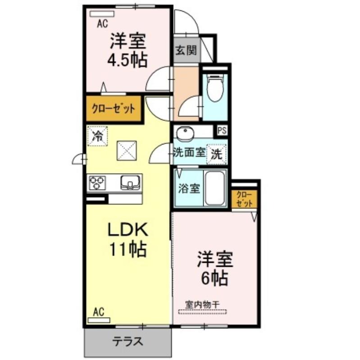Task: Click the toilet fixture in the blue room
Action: [x=215, y=88]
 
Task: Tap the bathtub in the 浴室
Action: [x=215, y=188]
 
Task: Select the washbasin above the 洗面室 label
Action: [x=185, y=133]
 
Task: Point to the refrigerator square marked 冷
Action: [x=97, y=136]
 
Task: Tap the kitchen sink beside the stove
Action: [x=130, y=182]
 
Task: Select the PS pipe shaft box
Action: [x=222, y=130]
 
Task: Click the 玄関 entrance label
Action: [x=186, y=50]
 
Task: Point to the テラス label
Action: [x=128, y=342]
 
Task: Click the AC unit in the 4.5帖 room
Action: [x=102, y=14]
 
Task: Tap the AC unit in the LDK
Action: [x=99, y=320]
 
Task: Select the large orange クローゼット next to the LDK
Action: [x=114, y=108]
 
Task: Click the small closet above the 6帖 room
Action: [x=244, y=199]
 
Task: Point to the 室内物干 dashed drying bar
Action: [x=203, y=312]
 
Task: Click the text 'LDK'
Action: [x=128, y=229]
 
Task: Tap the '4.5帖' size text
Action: [x=128, y=60]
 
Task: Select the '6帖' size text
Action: [x=215, y=278]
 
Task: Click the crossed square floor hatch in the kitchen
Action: [x=127, y=150]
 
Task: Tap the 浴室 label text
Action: [x=189, y=189]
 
